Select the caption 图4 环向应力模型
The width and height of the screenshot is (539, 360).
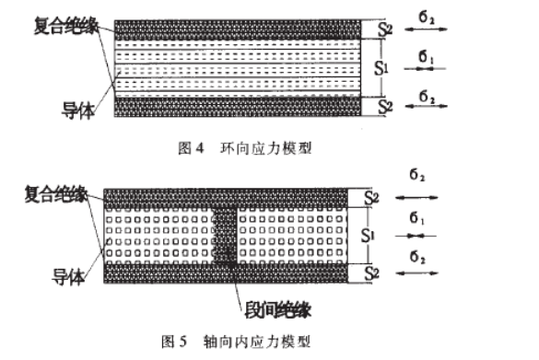pyautogui.click(x=245, y=146)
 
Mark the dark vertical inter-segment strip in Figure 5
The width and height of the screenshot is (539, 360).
pyautogui.click(x=226, y=235)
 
